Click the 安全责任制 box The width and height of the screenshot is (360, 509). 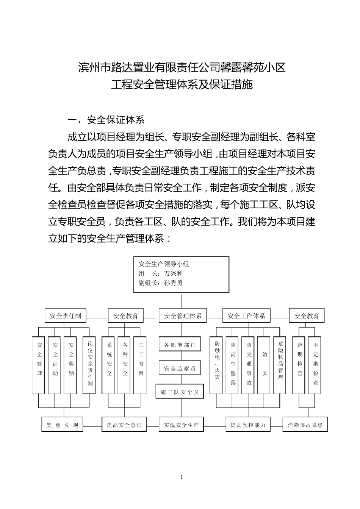click(65, 315)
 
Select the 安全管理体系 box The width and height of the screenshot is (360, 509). click(183, 315)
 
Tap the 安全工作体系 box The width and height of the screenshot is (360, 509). click(246, 315)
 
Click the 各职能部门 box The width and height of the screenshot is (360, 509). click(180, 345)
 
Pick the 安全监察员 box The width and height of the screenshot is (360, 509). click(180, 368)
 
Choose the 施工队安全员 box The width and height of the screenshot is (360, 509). click(180, 392)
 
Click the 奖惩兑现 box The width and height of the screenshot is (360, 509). click(62, 425)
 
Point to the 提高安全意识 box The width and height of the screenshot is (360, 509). click(124, 425)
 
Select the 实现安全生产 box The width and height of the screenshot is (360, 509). click(181, 425)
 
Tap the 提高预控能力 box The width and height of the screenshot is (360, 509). click(248, 425)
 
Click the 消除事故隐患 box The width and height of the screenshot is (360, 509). click(305, 425)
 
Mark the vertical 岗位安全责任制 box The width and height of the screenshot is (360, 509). click(90, 365)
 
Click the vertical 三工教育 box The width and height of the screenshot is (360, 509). click(141, 365)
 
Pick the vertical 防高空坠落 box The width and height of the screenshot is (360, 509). click(233, 365)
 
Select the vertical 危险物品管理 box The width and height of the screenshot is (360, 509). click(280, 365)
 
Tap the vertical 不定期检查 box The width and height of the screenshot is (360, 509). click(316, 365)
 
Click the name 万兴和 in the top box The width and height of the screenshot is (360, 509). click(174, 273)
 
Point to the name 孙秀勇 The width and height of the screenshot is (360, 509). click(174, 283)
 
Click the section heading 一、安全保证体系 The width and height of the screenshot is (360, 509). click(106, 120)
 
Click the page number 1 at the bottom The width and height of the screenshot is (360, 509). click(182, 477)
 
